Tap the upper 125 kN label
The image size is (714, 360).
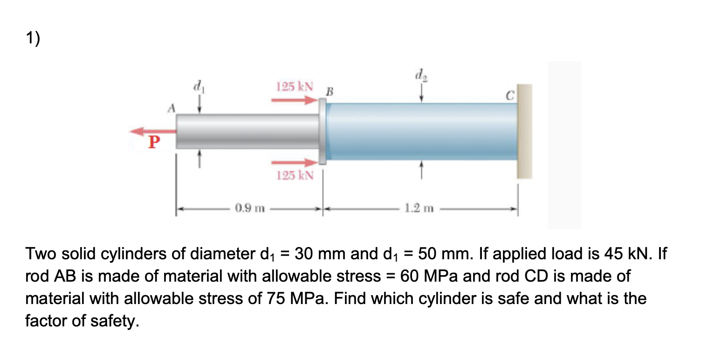pyautogui.click(x=294, y=86)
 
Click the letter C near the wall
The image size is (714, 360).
pyautogui.click(x=510, y=97)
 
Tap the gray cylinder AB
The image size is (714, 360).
pyautogui.click(x=247, y=132)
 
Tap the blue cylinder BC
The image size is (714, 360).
pyautogui.click(x=422, y=132)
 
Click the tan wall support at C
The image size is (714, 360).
pyautogui.click(x=525, y=131)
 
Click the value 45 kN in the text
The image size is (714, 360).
pyautogui.click(x=636, y=254)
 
